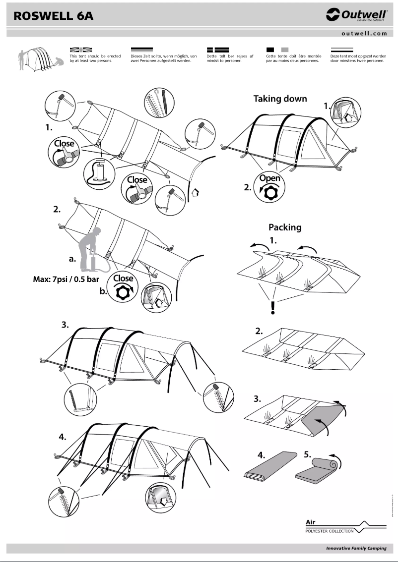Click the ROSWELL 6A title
pos(53,16)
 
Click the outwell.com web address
pos(364,34)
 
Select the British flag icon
pos(81,50)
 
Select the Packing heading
pos(285,227)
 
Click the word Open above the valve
pos(269,178)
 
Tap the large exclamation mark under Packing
pos(272,308)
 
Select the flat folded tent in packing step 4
pos(268,470)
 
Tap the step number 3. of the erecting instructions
pos(65,325)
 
